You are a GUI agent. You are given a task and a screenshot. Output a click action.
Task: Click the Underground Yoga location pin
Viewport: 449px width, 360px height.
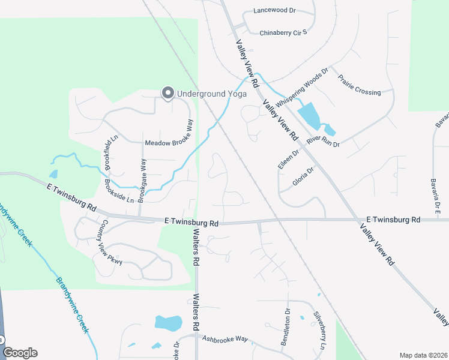click(x=167, y=93)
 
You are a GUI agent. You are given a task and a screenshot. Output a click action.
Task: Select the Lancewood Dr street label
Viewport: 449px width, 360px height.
click(x=275, y=11)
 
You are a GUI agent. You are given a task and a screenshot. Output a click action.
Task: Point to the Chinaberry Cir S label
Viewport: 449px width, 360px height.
click(x=283, y=32)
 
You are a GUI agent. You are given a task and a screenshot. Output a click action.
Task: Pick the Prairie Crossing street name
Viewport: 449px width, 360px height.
click(x=359, y=85)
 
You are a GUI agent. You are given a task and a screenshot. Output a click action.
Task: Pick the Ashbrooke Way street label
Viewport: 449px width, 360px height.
click(x=225, y=339)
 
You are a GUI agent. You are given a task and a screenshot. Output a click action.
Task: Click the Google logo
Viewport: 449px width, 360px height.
click(x=20, y=353)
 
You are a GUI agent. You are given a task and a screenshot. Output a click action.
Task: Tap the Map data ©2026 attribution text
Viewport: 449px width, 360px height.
click(x=423, y=355)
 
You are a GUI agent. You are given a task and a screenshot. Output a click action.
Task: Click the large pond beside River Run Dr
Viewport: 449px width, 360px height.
click(x=309, y=115)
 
